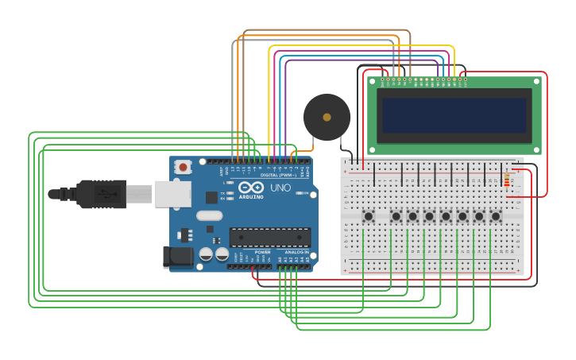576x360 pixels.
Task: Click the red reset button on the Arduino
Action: (184, 167)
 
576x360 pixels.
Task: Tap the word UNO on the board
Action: (281, 189)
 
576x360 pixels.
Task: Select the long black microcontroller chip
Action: (270, 237)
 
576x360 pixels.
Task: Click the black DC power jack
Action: (177, 256)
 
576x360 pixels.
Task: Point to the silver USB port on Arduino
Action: (174, 193)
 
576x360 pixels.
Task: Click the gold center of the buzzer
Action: (327, 117)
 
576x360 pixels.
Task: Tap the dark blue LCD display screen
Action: (454, 115)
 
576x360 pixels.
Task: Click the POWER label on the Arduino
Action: (262, 252)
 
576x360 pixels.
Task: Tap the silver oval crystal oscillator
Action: (209, 215)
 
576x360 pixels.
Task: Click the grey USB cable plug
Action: (139, 193)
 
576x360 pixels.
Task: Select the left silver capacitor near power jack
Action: (206, 254)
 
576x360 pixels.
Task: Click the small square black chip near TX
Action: (211, 197)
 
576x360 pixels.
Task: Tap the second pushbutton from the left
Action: (396, 216)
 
